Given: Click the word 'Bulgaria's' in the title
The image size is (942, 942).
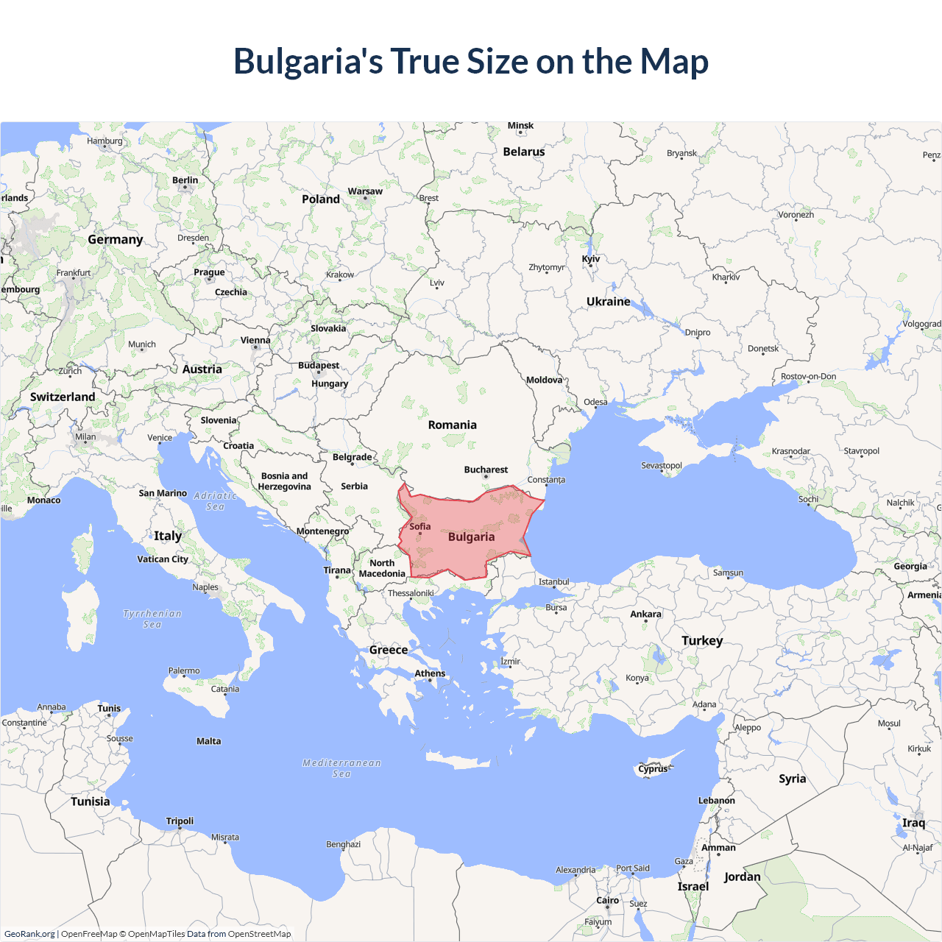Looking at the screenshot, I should pos(308,62).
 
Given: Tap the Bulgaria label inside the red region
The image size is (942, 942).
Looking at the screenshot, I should pos(471,537).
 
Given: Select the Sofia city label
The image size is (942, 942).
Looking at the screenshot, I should pos(420,526).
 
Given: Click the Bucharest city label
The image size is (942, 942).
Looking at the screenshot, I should pos(486,470).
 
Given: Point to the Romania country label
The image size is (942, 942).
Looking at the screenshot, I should pos(452,425).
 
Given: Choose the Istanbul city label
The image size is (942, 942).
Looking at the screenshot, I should pos(553,582).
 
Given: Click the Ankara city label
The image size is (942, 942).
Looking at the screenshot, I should pos(645,614).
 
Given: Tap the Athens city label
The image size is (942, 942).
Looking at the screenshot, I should pos(430,673).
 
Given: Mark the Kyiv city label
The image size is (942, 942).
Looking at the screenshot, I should pos(591,259).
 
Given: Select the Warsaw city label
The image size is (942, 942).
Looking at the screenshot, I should pos(365,191).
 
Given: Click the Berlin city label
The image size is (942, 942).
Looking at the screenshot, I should pos(185,180).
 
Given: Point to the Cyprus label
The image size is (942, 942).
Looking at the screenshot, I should pos(653,769).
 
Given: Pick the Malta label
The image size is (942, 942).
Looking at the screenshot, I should pos(208,741).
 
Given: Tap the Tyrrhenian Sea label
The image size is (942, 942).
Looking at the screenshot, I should pos(152,619).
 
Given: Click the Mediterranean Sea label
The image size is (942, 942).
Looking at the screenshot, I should pos(341,768).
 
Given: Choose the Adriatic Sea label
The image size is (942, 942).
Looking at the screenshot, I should pos(215,501).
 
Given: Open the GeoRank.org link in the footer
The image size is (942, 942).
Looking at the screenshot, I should pos(29,934).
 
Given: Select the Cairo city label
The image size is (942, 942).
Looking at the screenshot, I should pos(607,900).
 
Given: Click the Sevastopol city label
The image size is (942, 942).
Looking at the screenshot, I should pos(661,465).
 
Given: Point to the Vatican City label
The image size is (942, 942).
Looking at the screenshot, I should pos(163,559).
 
